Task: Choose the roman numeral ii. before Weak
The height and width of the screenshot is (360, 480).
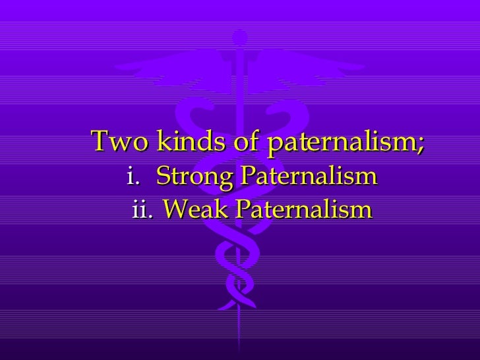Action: point(142,211)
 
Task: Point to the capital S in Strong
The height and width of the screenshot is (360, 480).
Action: point(163,177)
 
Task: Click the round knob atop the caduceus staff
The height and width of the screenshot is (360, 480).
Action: point(238,46)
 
